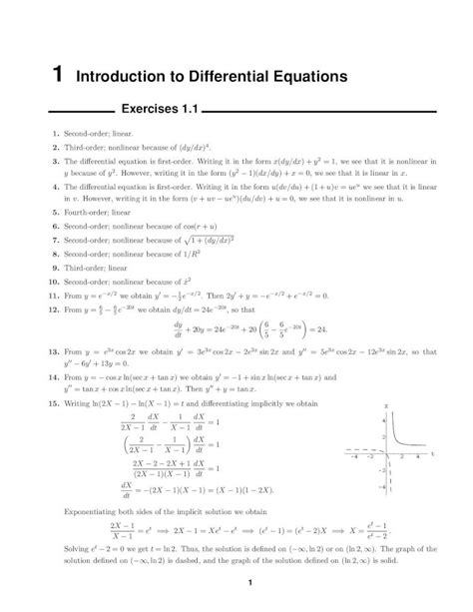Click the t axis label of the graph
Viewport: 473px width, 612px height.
click(x=434, y=452)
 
